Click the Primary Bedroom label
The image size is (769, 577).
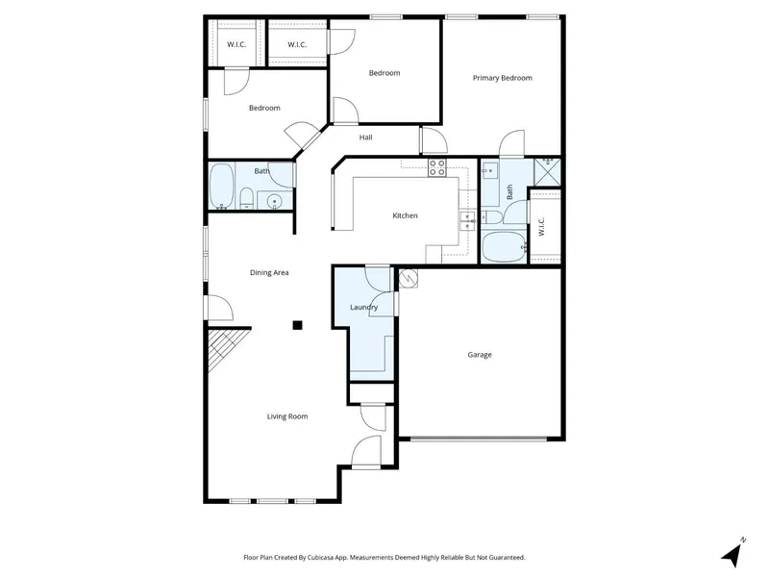[502, 78]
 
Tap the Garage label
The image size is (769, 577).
[479, 354]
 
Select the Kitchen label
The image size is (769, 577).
[405, 215]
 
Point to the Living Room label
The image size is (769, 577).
[287, 416]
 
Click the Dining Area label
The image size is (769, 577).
[269, 272]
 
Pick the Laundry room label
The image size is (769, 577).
[364, 307]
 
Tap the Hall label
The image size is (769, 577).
[365, 138]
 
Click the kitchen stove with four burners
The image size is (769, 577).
[437, 167]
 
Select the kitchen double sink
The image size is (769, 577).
[467, 221]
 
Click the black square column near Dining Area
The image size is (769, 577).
[297, 325]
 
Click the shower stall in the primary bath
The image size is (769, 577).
[547, 172]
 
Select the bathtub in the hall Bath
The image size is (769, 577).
[222, 187]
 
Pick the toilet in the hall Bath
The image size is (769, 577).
[246, 198]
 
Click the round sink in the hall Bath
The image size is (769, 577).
[275, 201]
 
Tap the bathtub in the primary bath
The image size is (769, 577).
[504, 247]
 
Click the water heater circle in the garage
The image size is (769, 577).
[408, 278]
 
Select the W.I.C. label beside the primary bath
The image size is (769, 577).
[542, 226]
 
